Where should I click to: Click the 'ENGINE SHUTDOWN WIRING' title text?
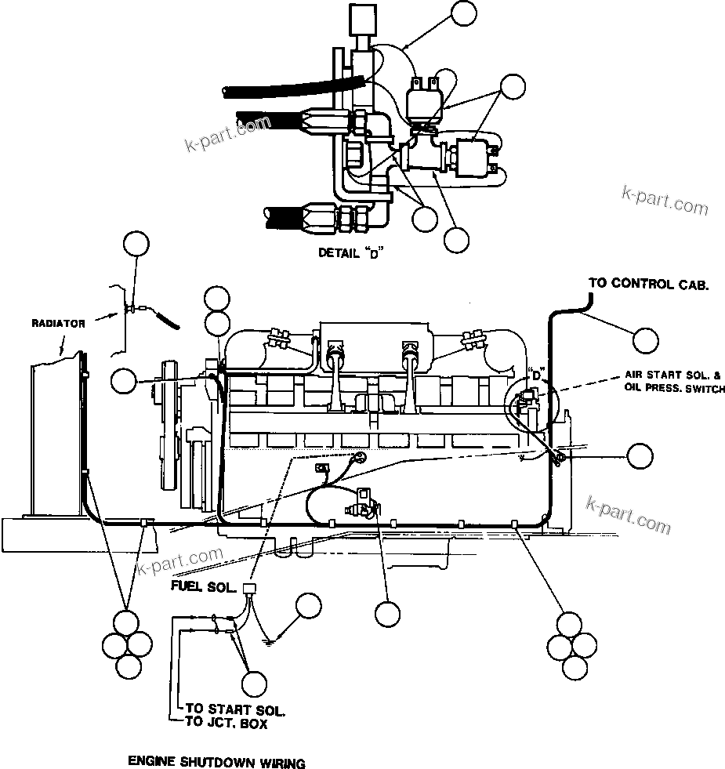pyautogui.click(x=216, y=761)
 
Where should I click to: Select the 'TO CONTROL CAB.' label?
pyautogui.click(x=648, y=284)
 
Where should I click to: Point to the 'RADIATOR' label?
pyautogui.click(x=58, y=323)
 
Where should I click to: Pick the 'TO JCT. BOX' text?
pyautogui.click(x=226, y=724)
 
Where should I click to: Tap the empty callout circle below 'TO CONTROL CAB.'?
pyautogui.click(x=646, y=341)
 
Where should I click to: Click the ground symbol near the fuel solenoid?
pyautogui.click(x=270, y=640)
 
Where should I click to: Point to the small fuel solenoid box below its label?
pyautogui.click(x=252, y=591)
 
